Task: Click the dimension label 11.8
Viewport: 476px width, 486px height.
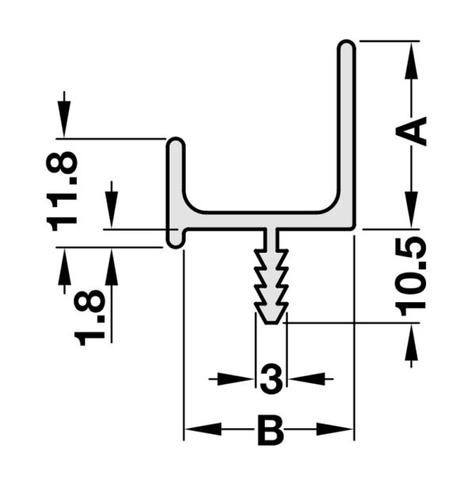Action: pos(62,191)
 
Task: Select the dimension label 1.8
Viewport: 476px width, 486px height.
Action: pos(90,318)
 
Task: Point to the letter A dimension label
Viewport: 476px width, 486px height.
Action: pos(411,131)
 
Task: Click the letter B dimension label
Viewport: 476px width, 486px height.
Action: pos(271,431)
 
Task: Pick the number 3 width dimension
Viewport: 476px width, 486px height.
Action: pos(271,379)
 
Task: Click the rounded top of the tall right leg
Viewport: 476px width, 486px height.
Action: pos(347,45)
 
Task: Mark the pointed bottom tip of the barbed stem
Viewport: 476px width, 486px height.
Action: pos(271,323)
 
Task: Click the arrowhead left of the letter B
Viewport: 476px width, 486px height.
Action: pos(203,429)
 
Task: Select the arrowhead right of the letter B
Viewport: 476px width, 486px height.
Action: pos(335,429)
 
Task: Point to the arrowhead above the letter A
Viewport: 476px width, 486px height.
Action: pos(411,59)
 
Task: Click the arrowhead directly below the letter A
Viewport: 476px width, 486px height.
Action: pos(411,210)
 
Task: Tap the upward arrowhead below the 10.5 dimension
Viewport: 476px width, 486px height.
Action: pos(411,342)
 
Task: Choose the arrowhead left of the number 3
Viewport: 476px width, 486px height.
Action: pos(236,379)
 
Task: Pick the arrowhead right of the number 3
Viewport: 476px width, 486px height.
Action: pos(306,379)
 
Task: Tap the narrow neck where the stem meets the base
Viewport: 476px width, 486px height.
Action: pos(271,238)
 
